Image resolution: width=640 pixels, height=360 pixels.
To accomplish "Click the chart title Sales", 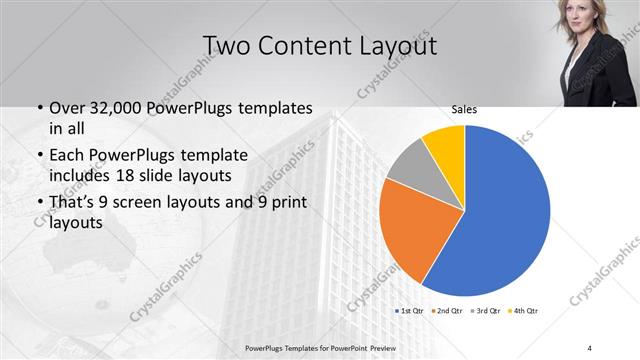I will click(x=463, y=109).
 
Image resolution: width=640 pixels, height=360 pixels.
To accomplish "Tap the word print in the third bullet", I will click(x=286, y=203).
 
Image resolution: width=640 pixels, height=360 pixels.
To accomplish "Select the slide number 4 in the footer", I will click(x=590, y=347).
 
